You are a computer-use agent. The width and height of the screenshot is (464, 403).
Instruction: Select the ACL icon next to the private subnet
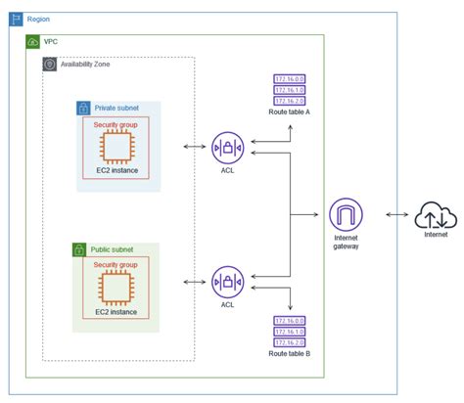tap(227, 150)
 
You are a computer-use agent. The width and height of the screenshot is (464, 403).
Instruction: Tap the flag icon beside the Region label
tap(18, 20)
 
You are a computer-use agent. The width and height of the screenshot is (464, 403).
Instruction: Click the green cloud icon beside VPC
tap(33, 42)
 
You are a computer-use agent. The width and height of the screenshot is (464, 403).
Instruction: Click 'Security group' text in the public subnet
tap(116, 265)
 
